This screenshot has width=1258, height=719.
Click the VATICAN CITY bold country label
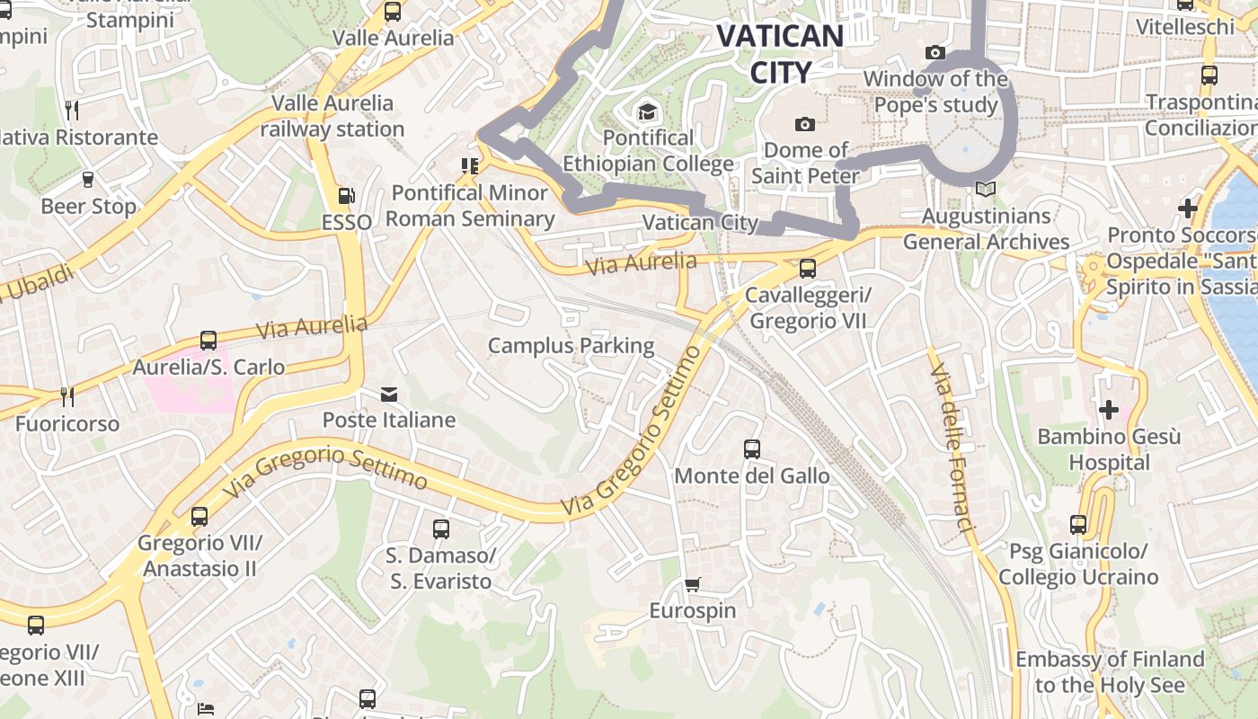point(780,54)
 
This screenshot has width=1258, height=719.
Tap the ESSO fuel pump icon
point(346,195)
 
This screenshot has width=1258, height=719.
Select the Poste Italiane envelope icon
point(389,394)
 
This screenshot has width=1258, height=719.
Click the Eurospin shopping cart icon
point(692,585)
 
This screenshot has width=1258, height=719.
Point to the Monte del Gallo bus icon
point(752,449)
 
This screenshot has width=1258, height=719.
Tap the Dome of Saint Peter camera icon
point(805,124)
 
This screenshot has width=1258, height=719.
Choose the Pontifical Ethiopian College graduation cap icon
point(647,112)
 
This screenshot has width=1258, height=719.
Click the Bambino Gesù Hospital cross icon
point(1109,410)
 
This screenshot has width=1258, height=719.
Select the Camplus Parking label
point(571,345)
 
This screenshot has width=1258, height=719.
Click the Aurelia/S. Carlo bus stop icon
point(208,341)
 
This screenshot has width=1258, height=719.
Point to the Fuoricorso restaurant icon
point(66,396)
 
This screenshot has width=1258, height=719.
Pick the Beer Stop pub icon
point(88,180)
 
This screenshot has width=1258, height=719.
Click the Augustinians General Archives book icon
point(986,190)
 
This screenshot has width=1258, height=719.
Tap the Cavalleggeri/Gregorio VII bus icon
point(807,268)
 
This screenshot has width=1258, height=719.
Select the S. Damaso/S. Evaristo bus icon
point(440,529)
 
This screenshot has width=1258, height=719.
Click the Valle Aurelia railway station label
point(332,116)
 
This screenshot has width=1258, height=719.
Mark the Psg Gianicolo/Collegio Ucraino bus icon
point(1078,525)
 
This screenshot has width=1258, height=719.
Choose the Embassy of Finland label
point(1110,672)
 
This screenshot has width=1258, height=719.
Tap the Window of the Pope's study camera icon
point(935,53)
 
